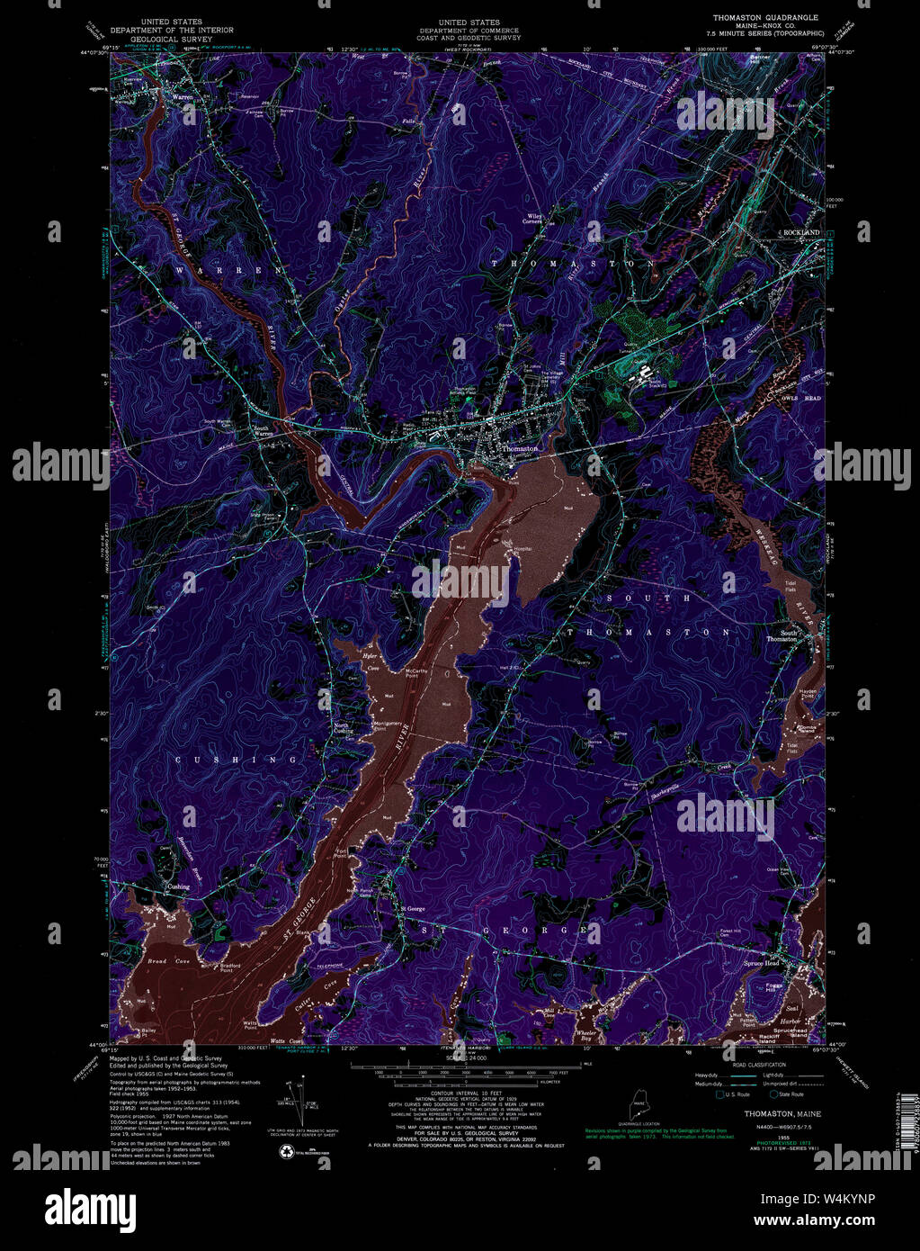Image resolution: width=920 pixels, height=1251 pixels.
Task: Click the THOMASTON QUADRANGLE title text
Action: point(765,17)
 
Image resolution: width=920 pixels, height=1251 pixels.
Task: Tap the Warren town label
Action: point(183,96)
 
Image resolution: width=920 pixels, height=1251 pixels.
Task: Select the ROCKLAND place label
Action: point(802,233)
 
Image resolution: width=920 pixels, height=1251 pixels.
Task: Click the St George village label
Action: point(413,909)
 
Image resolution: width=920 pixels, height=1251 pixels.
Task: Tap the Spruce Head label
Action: point(761,963)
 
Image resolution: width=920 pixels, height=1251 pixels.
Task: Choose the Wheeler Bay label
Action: point(586,1036)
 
